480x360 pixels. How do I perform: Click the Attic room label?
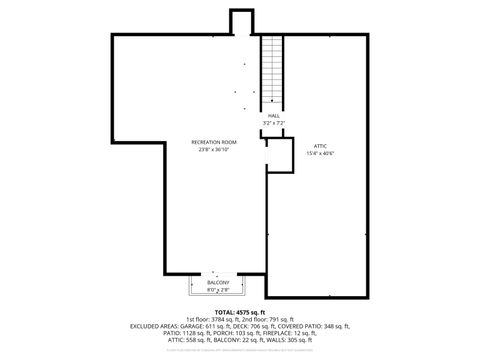(319, 145)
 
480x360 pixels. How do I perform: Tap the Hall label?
(273, 116)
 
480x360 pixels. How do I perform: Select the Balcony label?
(218, 283)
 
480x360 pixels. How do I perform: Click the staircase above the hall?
(273, 74)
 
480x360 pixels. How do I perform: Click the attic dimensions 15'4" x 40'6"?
(319, 153)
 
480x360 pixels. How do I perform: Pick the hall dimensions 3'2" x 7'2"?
(273, 123)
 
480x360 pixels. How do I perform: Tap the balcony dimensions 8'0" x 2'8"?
(218, 290)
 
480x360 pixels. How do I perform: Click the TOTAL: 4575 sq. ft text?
(240, 312)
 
